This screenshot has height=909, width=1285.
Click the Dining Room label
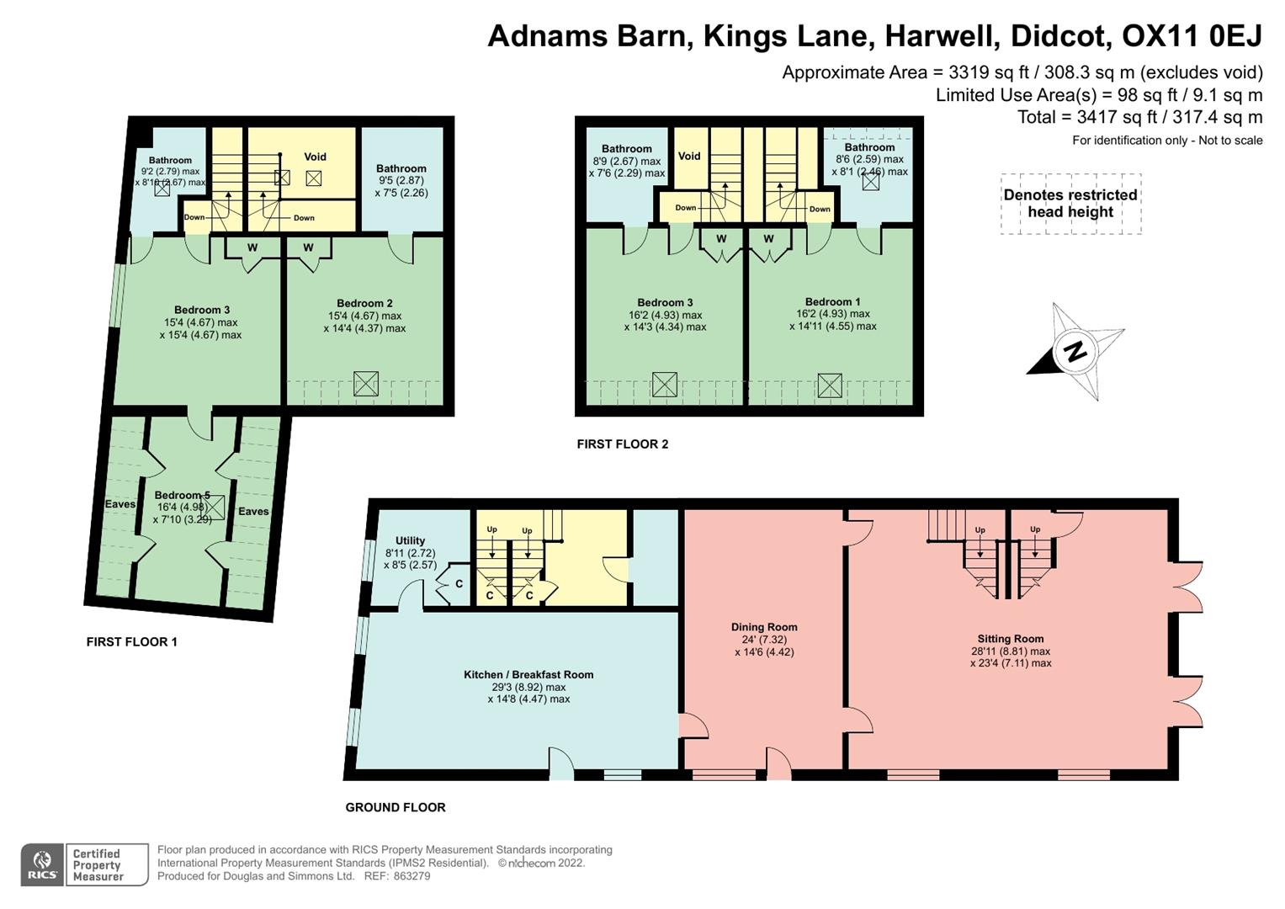(x=764, y=627)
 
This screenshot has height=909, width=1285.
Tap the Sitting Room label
(x=1010, y=639)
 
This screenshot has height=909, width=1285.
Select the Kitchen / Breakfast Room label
(x=528, y=675)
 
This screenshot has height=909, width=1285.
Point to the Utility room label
(x=410, y=541)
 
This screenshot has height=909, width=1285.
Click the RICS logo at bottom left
(x=42, y=864)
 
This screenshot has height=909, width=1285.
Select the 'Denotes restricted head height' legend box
(x=1070, y=204)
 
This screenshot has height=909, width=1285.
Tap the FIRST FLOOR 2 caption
(x=622, y=444)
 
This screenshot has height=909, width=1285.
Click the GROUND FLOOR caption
(x=396, y=808)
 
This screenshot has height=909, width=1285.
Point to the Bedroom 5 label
(x=182, y=496)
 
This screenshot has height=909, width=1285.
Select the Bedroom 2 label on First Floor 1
(x=364, y=304)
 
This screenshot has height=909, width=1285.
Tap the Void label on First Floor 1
(x=315, y=157)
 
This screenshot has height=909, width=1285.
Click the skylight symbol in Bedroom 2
(x=366, y=384)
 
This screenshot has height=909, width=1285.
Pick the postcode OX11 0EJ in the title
(x=1192, y=36)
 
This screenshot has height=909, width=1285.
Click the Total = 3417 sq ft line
(x=1139, y=118)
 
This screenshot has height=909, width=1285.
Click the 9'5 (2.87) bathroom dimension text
(x=401, y=180)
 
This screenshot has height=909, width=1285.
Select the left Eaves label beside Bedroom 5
(x=119, y=504)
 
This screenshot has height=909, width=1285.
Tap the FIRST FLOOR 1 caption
(x=131, y=642)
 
